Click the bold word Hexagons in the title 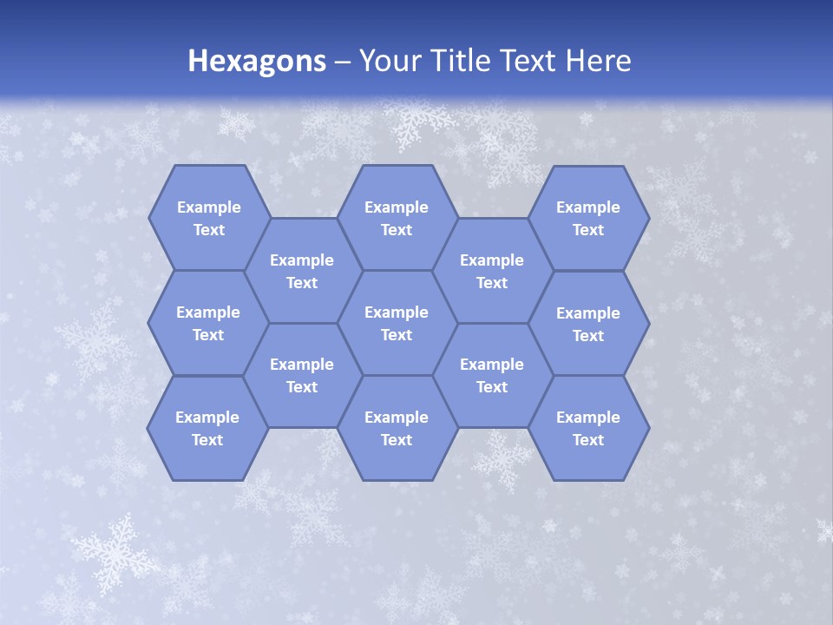pos(257,61)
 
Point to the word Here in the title pos(598,61)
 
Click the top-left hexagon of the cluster pos(208,218)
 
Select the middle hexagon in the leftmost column pos(208,323)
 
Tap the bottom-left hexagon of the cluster pos(207,428)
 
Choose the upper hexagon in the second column pos(302,271)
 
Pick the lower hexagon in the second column pos(302,375)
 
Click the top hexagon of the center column pos(397,218)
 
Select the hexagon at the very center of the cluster pos(397,323)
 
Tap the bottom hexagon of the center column pos(397,428)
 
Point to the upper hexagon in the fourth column pos(492,271)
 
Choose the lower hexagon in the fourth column pos(492,375)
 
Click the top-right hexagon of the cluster pos(588,218)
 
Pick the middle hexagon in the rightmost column pos(588,324)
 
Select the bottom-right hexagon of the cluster pos(588,428)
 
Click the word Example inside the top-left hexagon pos(208,207)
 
